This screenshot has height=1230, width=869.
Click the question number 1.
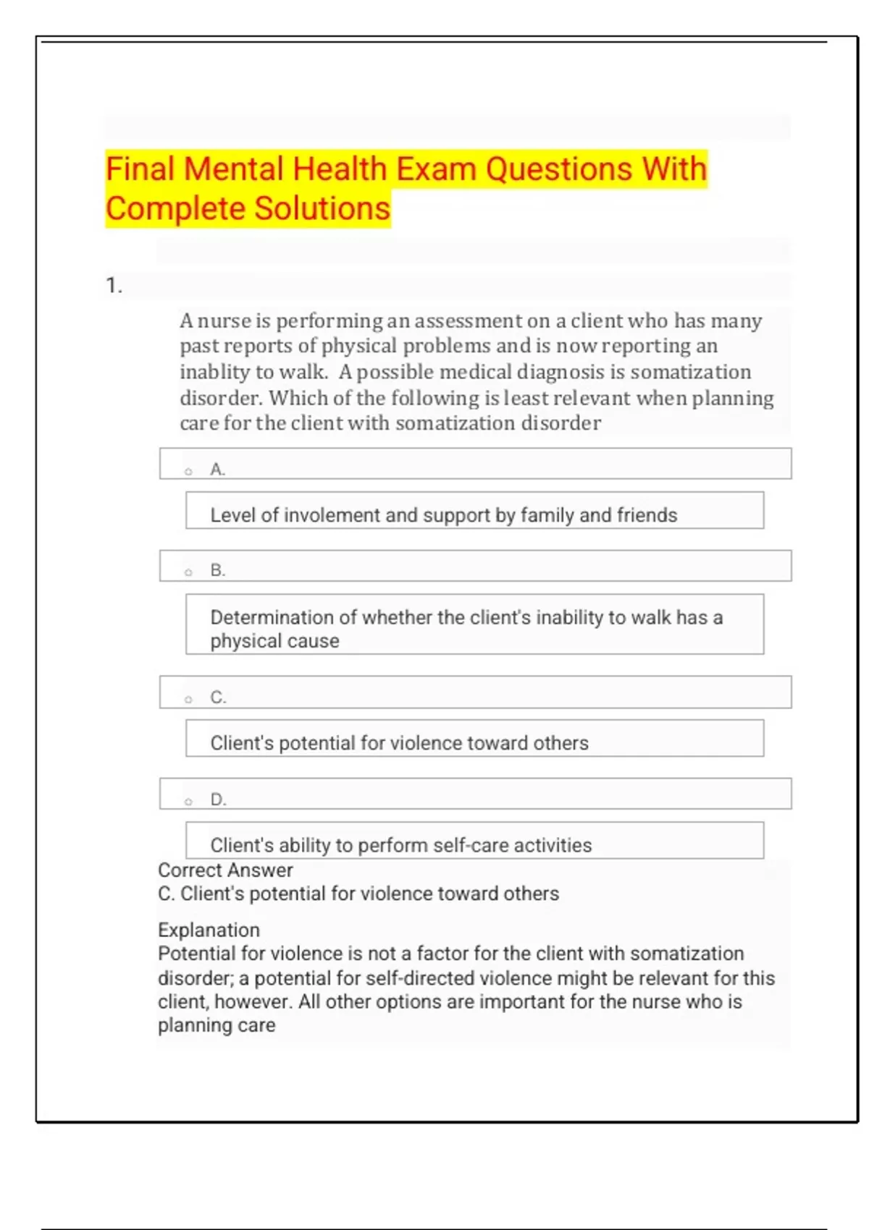pyautogui.click(x=114, y=286)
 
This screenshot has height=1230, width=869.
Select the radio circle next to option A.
pyautogui.click(x=188, y=472)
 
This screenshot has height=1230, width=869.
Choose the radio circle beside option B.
pyautogui.click(x=188, y=572)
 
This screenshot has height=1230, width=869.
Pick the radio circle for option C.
pyautogui.click(x=188, y=700)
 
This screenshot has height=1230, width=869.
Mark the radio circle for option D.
pyautogui.click(x=188, y=802)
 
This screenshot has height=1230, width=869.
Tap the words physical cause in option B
pyautogui.click(x=274, y=641)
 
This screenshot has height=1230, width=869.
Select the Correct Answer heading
pyautogui.click(x=225, y=870)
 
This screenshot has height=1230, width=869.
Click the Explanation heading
pyautogui.click(x=209, y=930)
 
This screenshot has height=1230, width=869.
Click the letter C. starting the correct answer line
pyautogui.click(x=166, y=894)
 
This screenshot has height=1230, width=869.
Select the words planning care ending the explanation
pyautogui.click(x=217, y=1025)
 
